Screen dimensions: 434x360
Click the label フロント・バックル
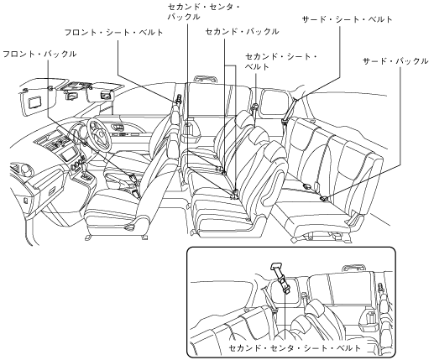coord(39,54)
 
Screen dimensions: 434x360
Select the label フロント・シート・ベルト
coord(114,33)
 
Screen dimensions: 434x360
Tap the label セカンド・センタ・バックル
coord(203,12)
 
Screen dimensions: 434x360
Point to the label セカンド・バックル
coord(243,32)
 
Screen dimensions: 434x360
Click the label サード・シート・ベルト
coord(348,19)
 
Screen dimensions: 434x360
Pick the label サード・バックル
coord(395,61)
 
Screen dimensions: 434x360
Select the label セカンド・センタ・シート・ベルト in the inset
coord(295,348)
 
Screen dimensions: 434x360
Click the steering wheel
coord(99,134)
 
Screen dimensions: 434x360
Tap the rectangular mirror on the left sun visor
coord(34,102)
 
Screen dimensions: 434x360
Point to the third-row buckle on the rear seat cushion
coord(324,198)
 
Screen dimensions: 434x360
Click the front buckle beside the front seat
coord(132,177)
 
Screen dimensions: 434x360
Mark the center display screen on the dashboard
coord(69,154)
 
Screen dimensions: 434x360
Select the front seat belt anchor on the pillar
coord(178,99)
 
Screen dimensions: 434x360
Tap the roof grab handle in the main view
coord(207,78)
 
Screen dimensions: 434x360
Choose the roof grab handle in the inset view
coord(354,267)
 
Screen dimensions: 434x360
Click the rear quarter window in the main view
coord(275,102)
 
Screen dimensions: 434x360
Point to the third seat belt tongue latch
coord(285,121)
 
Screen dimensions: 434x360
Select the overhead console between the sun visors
coord(73,90)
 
